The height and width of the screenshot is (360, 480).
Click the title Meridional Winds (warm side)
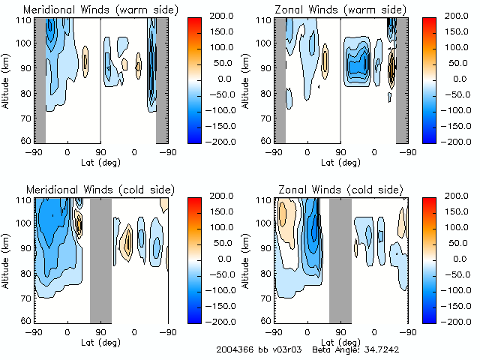click(101, 10)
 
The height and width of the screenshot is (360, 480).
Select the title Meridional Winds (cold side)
click(100, 188)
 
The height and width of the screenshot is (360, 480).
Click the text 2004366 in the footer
click(233, 350)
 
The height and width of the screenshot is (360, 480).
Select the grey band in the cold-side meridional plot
click(100, 259)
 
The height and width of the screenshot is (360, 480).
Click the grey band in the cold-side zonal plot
click(340, 259)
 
